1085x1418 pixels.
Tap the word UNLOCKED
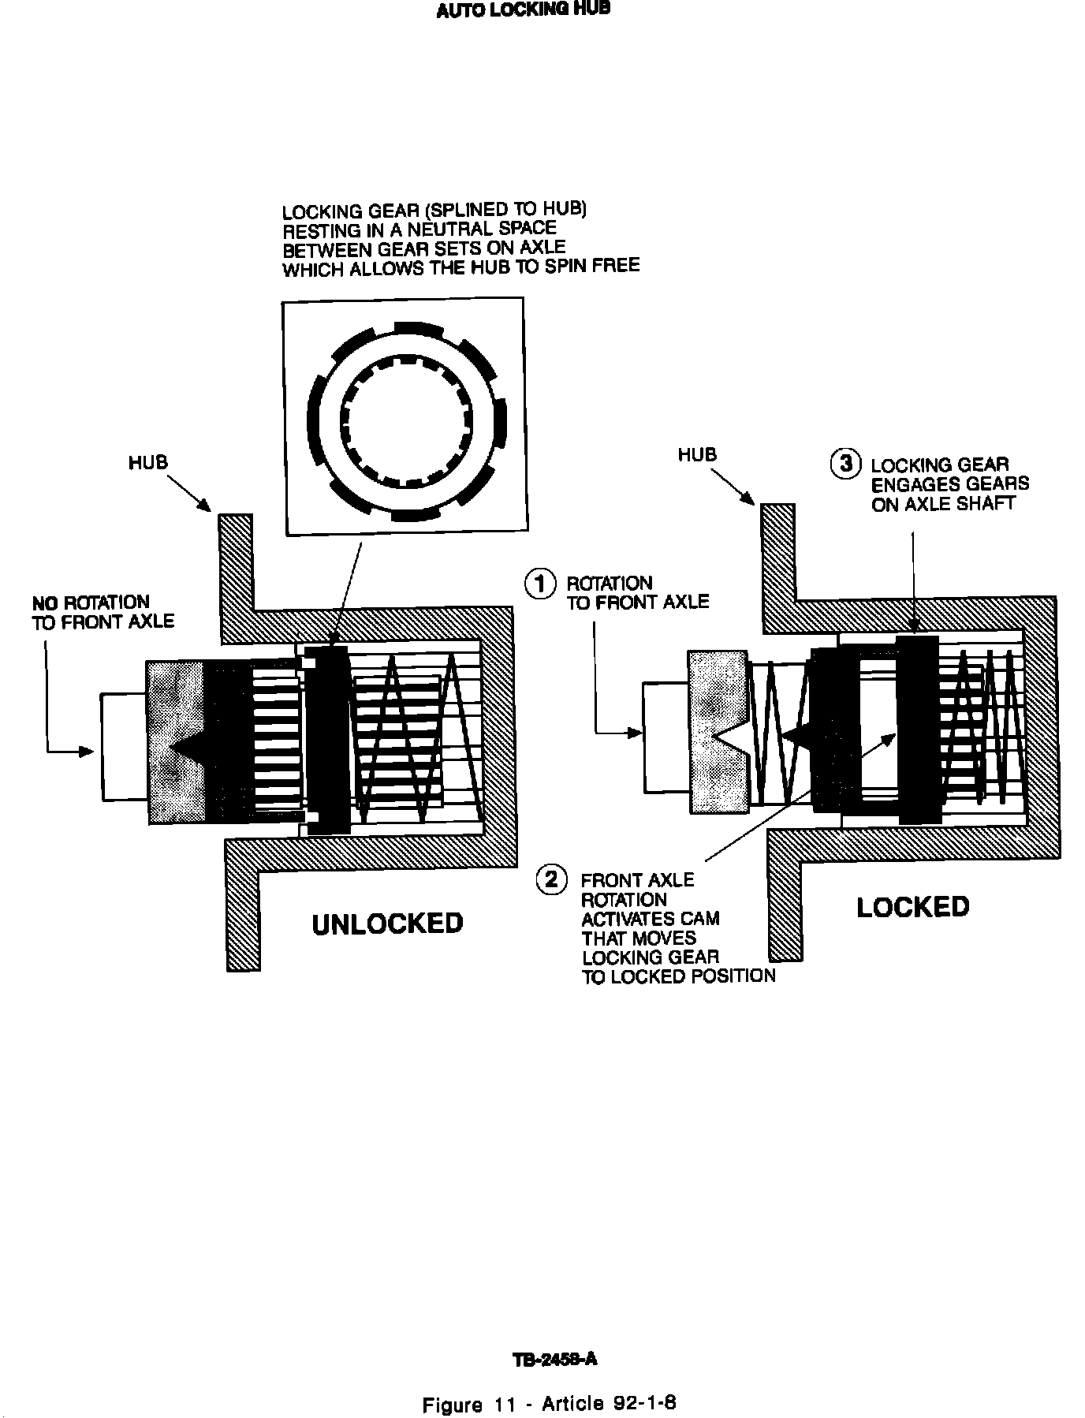coord(387,924)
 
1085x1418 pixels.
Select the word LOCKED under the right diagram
coord(912,907)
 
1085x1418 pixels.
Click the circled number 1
coord(540,584)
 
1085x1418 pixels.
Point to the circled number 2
coord(551,879)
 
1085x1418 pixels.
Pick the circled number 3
coord(846,464)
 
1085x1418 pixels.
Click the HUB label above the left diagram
coord(148,462)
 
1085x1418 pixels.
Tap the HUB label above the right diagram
coord(697,455)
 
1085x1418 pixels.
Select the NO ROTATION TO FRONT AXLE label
coord(103,613)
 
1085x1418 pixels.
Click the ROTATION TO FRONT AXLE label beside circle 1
coord(637,593)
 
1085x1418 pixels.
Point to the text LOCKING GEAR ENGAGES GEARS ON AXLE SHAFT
coord(949,484)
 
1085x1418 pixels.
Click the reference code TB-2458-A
coord(554,1359)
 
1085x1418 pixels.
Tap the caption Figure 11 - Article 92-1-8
coord(550,1404)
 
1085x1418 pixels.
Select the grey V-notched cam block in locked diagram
coord(718,732)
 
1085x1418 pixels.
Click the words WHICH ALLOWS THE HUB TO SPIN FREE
coord(460,267)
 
